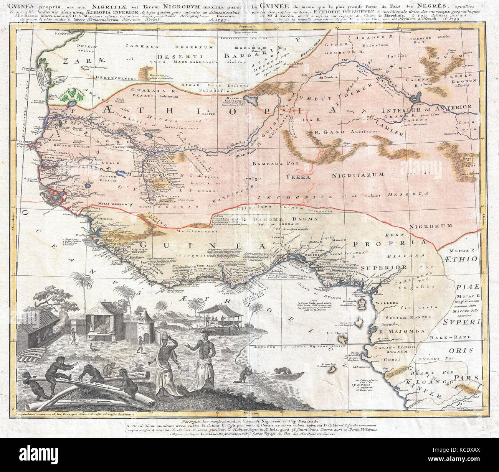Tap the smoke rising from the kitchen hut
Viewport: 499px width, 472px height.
tap(60, 317)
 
